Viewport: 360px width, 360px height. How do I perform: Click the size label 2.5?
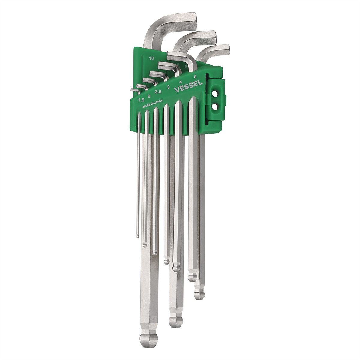[x=158, y=91]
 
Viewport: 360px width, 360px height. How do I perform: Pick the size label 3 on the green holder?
[x=169, y=87]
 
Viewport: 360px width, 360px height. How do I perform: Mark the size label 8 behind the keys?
[x=178, y=64]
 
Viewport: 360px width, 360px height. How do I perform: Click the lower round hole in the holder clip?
[x=215, y=106]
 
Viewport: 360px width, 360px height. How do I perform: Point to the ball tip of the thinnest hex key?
[x=138, y=236]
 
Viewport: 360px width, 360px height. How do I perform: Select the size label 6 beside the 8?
[x=186, y=67]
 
